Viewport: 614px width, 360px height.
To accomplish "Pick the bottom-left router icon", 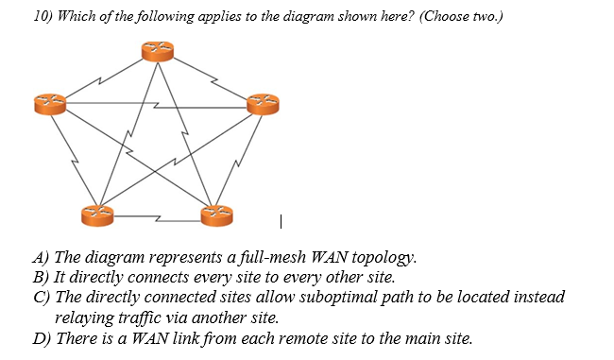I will (x=95, y=215).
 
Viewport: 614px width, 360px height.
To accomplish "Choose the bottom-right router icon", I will (x=217, y=215).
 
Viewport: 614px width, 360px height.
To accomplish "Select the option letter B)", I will (x=42, y=277).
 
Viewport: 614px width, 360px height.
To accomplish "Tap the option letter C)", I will (x=43, y=297).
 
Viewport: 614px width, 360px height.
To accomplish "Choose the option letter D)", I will (x=43, y=339).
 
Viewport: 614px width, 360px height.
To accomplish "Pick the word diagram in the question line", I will (x=247, y=20).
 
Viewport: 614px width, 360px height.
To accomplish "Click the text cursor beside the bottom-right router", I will (x=281, y=222).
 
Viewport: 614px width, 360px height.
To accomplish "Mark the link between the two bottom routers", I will (x=157, y=216).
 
